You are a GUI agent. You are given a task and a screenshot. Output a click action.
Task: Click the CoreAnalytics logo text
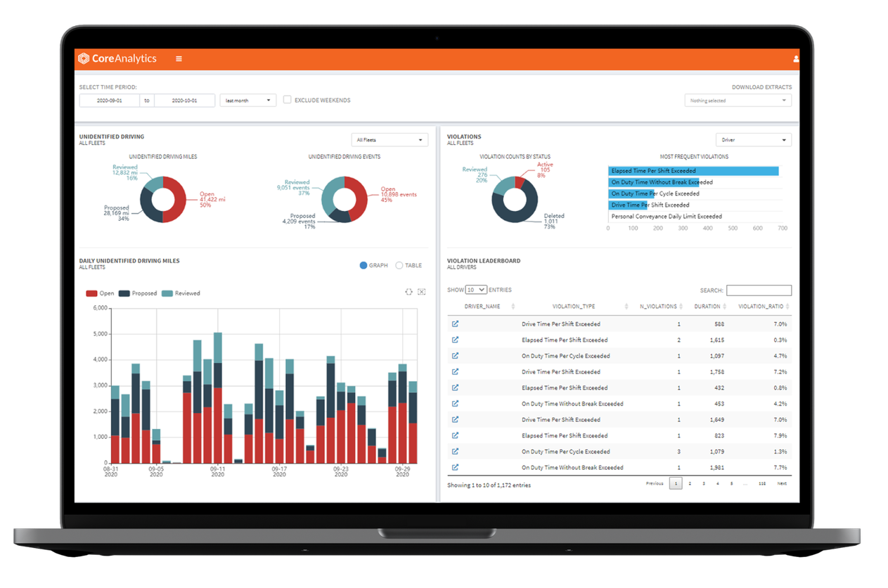pos(124,59)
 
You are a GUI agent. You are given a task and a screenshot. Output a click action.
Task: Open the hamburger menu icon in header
pos(179,59)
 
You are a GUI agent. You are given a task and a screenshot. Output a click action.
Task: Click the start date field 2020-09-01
pos(110,101)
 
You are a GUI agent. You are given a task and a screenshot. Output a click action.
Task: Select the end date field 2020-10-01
pos(184,101)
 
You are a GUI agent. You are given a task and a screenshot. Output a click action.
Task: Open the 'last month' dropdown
pos(247,101)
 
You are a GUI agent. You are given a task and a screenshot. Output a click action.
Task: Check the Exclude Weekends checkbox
pos(288,100)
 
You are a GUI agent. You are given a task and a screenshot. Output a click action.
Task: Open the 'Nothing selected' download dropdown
pos(738,101)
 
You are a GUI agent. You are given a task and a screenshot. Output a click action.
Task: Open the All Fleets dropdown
pos(390,140)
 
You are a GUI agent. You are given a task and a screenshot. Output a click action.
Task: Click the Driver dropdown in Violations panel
pos(753,140)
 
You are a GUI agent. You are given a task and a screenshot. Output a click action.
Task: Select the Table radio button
pos(399,265)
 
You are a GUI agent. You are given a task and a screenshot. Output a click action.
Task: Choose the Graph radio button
pos(363,265)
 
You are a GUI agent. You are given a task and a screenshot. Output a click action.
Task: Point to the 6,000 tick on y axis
pos(99,308)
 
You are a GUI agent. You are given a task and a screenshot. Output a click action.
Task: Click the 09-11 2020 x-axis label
pos(218,471)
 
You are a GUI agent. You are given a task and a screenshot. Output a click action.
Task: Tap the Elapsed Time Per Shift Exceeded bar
pos(693,171)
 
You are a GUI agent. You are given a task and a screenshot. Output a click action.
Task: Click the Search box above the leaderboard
pos(759,290)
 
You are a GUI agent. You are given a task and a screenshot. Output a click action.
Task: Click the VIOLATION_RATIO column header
pos(762,307)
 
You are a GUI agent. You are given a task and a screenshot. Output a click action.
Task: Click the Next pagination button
pos(781,484)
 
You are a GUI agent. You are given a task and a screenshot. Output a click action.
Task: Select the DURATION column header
pos(707,307)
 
